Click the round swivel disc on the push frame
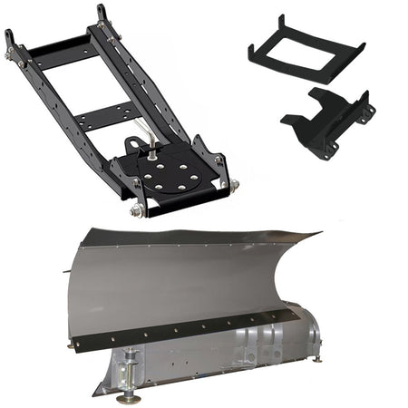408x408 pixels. point(177,173)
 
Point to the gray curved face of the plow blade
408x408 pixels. point(181,281)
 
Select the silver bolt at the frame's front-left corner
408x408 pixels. point(137,210)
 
